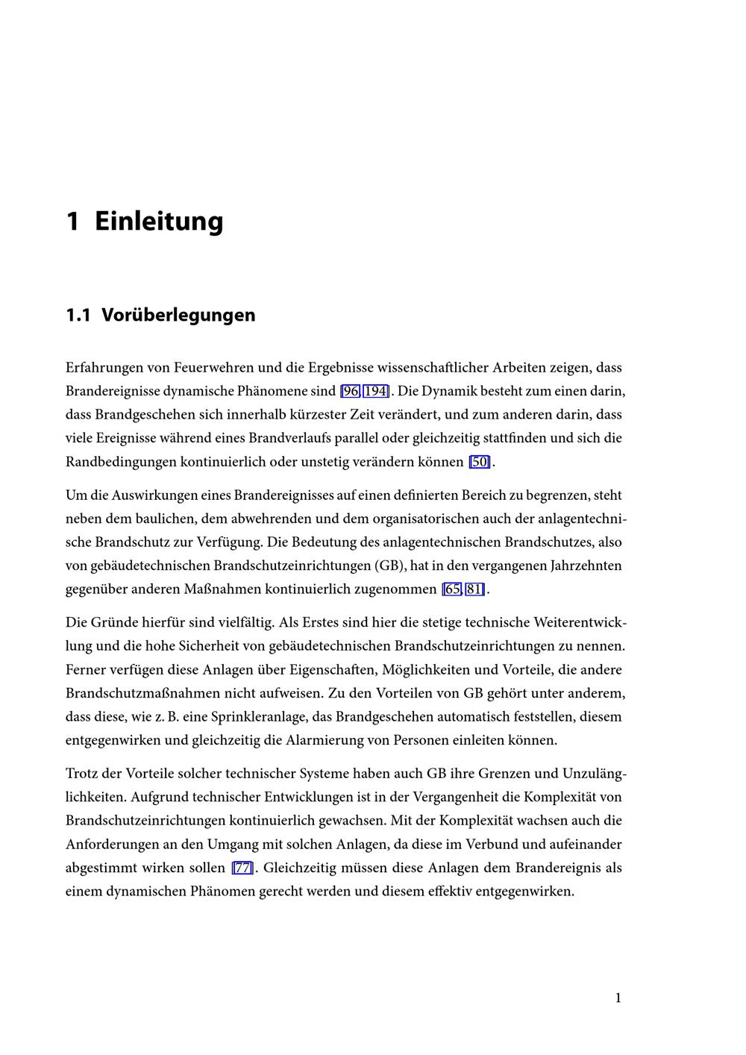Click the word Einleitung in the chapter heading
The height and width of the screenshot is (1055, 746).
(x=159, y=222)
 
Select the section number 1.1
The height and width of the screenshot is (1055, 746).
(x=78, y=315)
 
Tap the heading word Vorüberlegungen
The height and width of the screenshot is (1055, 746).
(x=178, y=315)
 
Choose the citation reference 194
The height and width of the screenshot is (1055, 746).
(x=376, y=391)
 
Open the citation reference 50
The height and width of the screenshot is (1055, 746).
(x=480, y=462)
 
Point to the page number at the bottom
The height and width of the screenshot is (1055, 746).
(x=618, y=998)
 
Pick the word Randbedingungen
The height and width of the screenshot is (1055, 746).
(x=121, y=462)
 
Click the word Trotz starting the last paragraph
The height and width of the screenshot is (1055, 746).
(x=82, y=773)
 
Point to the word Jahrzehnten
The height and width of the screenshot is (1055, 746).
(x=586, y=566)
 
